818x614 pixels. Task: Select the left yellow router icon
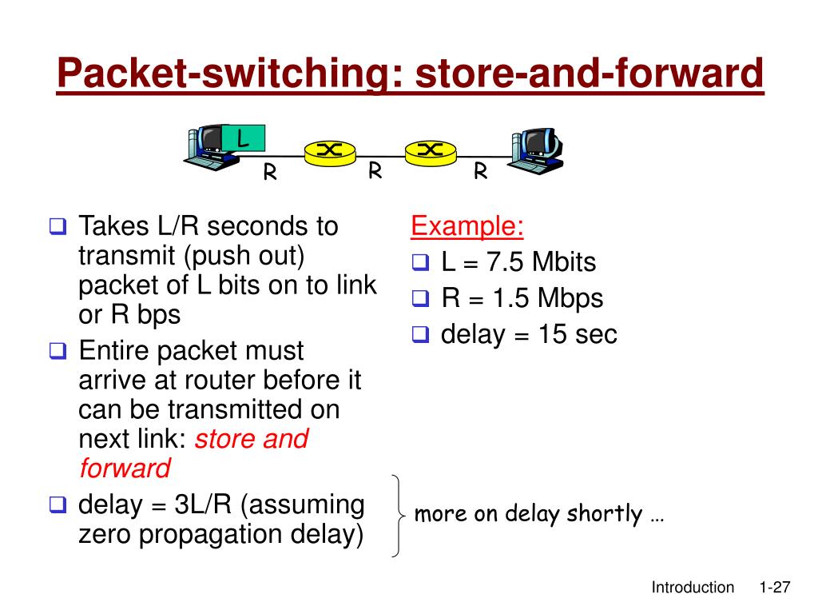pos(329,151)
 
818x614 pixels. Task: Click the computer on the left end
pos(209,149)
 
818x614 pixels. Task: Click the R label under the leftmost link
pos(271,173)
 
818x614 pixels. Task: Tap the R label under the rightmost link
pos(481,172)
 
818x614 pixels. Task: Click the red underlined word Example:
pos(467,227)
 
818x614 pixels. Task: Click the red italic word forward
pos(125,468)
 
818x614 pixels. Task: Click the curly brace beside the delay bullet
pos(396,515)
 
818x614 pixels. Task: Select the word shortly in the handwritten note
pos(604,514)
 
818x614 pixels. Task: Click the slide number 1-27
pos(773,588)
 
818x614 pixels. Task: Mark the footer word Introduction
pos(693,588)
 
